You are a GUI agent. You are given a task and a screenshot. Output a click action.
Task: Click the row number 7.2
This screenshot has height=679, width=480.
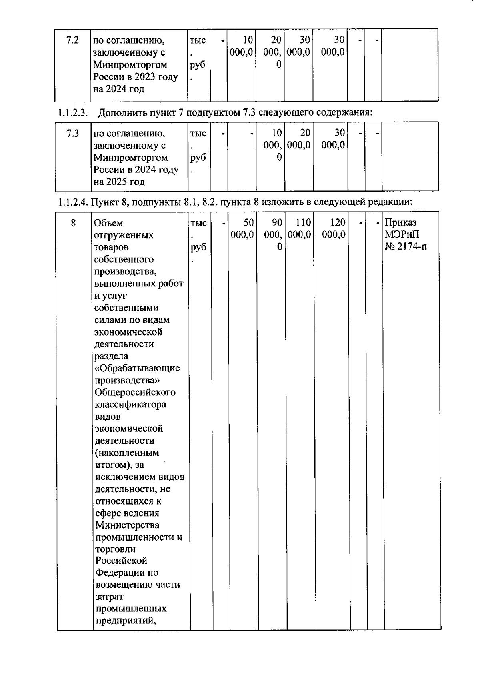coord(72,40)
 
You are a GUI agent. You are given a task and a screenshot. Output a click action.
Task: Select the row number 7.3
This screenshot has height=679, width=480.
coord(73,134)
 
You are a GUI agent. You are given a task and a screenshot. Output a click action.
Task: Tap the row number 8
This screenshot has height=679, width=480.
coord(73,223)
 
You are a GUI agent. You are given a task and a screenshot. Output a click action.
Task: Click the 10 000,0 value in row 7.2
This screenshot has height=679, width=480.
coord(242,46)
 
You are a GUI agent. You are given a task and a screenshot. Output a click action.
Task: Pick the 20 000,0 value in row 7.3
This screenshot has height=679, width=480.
coord(299,139)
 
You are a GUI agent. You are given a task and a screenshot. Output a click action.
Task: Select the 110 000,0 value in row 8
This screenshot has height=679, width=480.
coord(299,228)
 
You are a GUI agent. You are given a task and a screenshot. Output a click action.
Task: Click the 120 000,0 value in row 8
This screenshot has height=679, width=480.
coord(333,228)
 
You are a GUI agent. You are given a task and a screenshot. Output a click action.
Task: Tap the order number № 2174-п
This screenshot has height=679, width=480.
coord(406,246)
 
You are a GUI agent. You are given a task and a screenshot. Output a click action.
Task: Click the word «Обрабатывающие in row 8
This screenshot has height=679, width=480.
coord(137,368)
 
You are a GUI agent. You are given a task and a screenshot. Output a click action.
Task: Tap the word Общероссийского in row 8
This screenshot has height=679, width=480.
coord(135,392)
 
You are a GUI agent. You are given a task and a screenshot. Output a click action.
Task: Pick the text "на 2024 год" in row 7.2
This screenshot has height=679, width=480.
coord(118,89)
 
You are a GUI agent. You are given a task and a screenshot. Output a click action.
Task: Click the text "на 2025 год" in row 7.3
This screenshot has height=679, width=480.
coord(119,182)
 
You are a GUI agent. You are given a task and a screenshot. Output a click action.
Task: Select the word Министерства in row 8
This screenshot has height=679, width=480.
coord(127,525)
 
